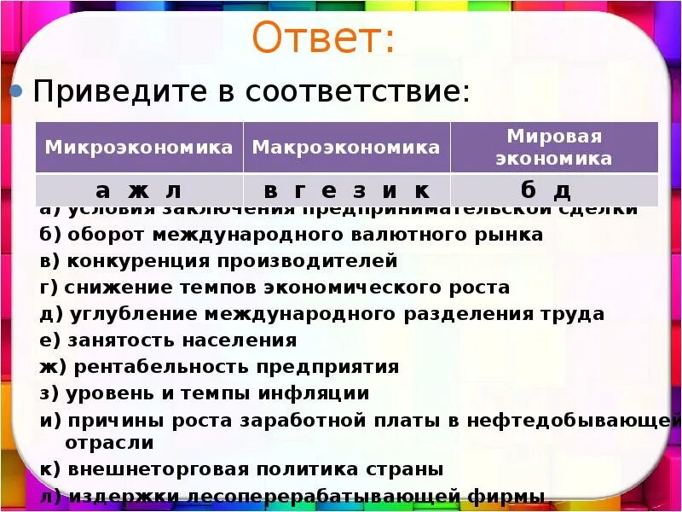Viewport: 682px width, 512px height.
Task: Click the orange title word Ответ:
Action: (324, 40)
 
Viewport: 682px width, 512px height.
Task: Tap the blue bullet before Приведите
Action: (15, 91)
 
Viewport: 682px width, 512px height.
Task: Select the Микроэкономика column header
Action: (139, 147)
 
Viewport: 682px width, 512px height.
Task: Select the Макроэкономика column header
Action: (346, 147)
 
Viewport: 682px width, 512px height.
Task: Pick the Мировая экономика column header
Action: (554, 147)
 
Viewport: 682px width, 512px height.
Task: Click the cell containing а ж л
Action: (139, 189)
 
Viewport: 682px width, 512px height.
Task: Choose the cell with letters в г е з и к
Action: (346, 189)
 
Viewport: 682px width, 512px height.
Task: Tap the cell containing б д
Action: (554, 189)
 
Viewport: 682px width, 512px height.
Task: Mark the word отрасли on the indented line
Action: (109, 443)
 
